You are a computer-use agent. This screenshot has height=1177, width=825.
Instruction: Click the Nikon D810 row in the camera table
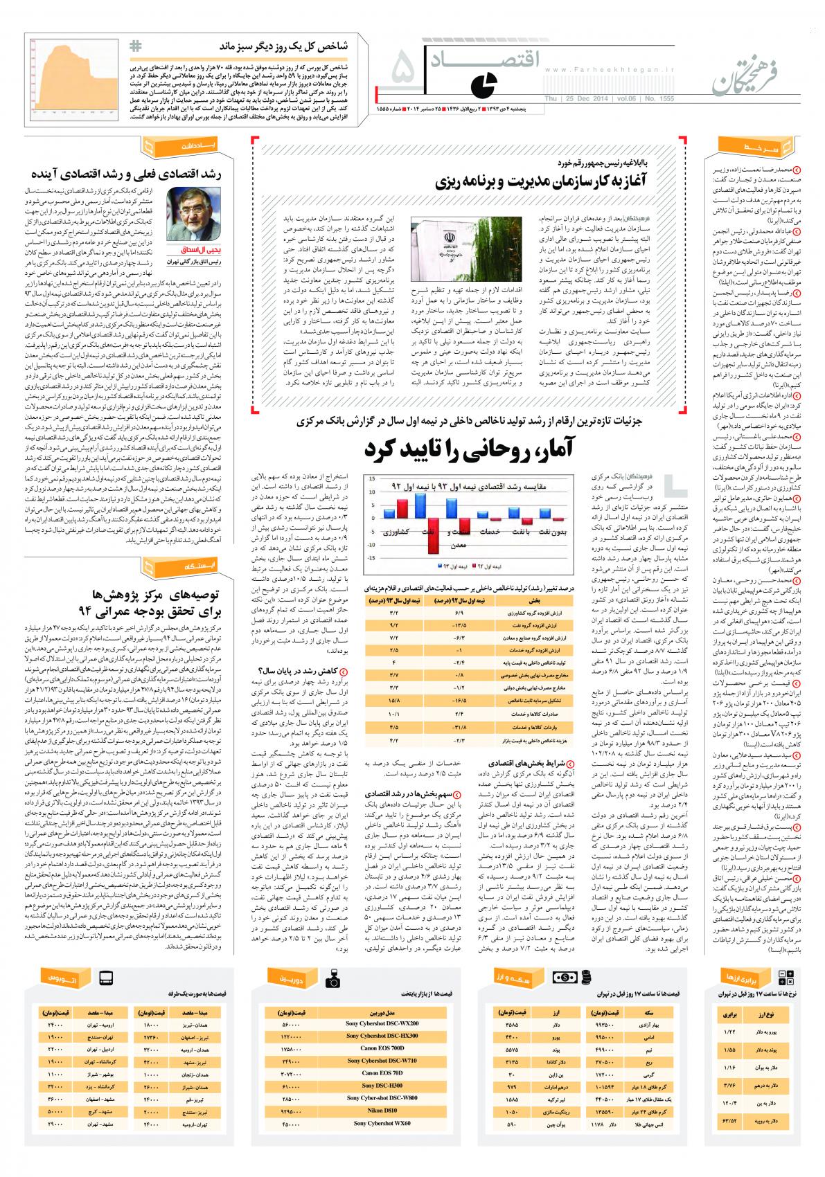click(382, 1110)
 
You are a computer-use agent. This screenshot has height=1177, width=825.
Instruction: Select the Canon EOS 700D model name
click(382, 1048)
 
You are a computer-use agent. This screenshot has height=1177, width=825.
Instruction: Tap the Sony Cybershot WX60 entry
click(382, 1122)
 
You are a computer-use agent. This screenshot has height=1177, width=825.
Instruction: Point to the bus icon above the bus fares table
click(106, 979)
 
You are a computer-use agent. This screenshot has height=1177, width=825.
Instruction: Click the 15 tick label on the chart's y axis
click(372, 478)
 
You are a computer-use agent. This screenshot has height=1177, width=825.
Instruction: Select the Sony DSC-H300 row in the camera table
click(382, 1085)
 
